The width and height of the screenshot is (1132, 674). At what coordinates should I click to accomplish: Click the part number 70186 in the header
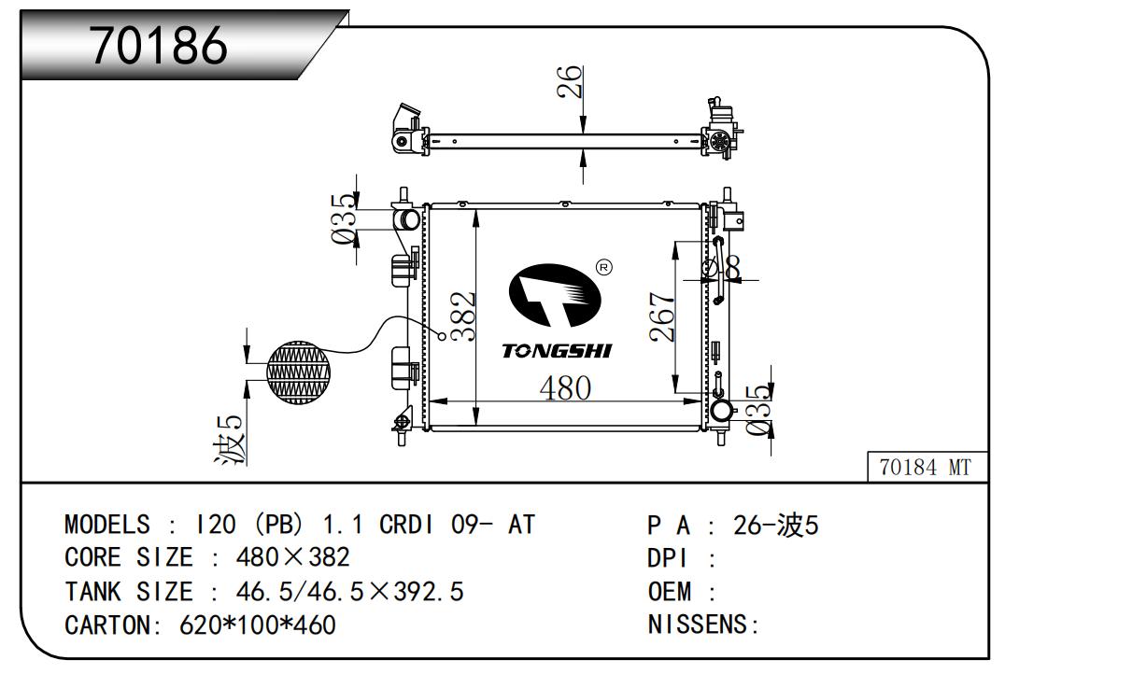[x=160, y=46]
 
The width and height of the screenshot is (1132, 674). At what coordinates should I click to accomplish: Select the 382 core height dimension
[x=462, y=316]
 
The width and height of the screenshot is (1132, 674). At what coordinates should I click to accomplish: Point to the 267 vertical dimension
[x=661, y=317]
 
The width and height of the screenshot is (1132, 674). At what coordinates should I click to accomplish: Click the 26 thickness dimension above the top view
[x=570, y=81]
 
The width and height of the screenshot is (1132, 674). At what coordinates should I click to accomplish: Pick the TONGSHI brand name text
[x=557, y=351]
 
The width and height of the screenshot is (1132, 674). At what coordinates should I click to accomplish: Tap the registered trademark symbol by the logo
[x=603, y=268]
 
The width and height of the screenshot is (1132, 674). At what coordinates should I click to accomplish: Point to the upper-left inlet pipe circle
[x=408, y=220]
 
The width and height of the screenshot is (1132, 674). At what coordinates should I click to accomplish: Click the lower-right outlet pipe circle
[x=720, y=411]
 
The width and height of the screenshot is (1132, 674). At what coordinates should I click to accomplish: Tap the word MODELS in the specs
[x=106, y=525]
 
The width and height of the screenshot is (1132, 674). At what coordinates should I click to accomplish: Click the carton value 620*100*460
[x=257, y=625]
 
